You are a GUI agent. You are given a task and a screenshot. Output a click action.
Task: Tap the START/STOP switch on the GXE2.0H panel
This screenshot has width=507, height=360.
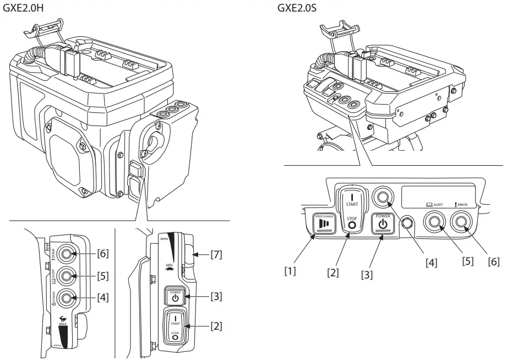click(175, 326)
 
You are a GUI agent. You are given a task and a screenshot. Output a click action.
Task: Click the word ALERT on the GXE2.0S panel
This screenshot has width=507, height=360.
click(438, 205)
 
